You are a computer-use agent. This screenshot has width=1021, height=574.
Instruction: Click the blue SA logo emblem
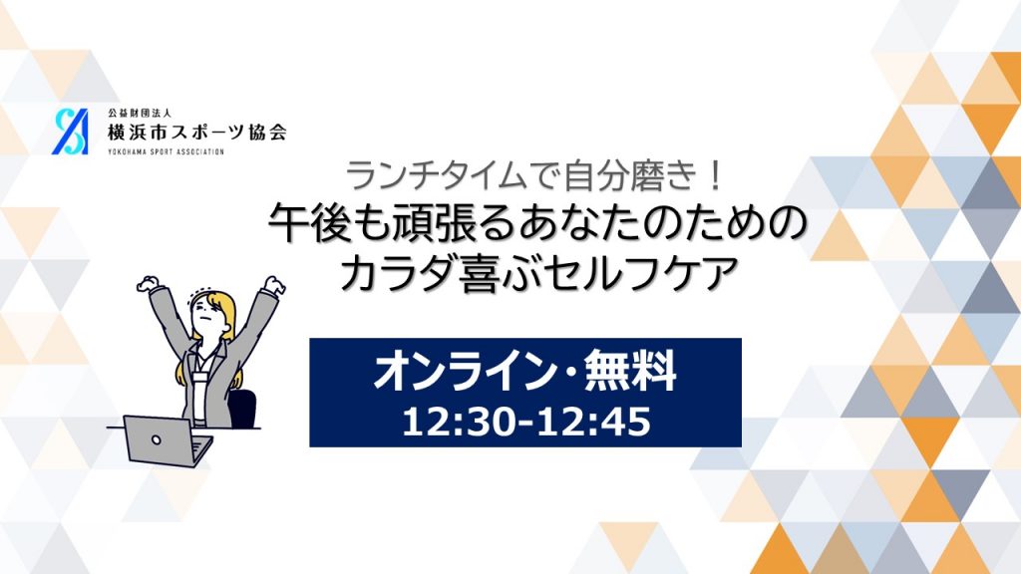point(71,132)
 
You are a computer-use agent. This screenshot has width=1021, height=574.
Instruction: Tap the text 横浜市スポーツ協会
point(197,133)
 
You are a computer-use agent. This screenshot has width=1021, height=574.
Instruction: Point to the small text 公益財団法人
point(140,114)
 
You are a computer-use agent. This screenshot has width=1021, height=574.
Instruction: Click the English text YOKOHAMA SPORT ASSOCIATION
point(166,151)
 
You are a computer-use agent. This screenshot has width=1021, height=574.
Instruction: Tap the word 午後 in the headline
point(306,223)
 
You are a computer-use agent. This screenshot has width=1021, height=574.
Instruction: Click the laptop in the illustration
point(168,440)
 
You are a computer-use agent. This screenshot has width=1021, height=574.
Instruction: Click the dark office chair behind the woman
point(242,409)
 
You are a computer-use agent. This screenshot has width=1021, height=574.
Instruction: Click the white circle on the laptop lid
point(157,439)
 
